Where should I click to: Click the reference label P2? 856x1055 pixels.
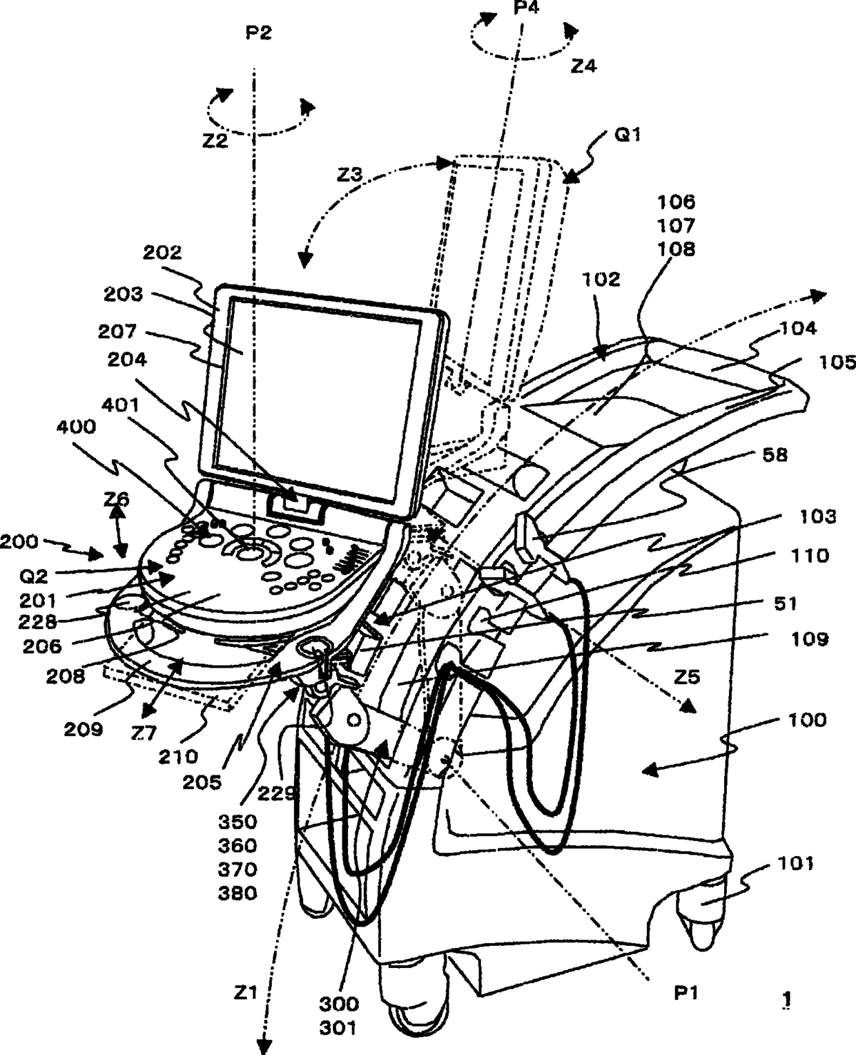258,34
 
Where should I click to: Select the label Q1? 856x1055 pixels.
628,135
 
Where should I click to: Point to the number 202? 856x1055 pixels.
162,253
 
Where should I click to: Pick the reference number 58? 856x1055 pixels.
774,455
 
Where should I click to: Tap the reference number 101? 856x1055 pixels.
795,863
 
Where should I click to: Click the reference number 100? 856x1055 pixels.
807,720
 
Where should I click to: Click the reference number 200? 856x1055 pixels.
19,542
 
